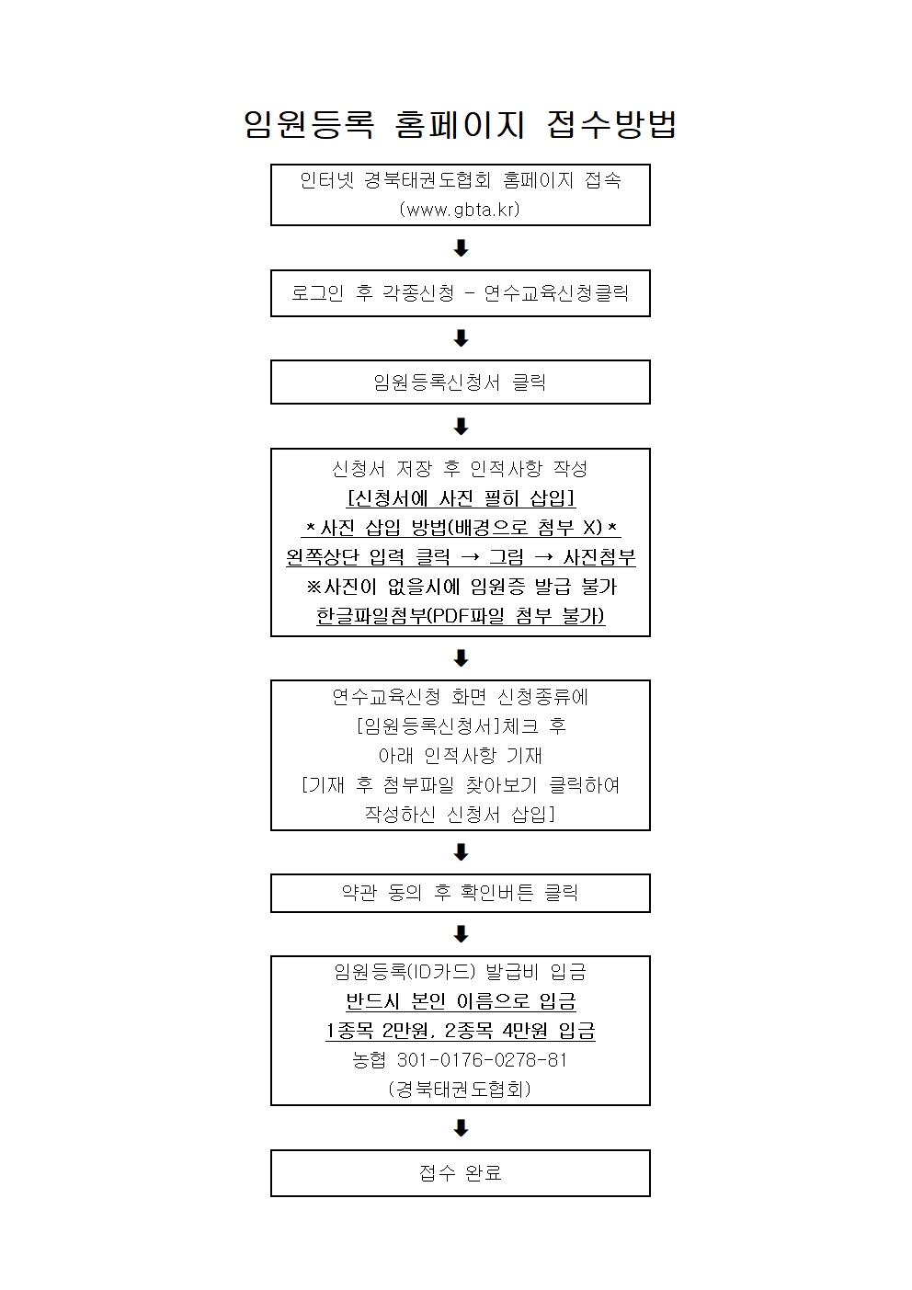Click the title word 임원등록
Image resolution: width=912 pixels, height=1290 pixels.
[309, 124]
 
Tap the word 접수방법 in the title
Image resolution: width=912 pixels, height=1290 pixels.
[611, 124]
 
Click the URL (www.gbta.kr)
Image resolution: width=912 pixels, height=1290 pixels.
[460, 209]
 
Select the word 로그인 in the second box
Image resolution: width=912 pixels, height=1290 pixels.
[317, 293]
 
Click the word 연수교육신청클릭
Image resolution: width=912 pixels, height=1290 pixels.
[556, 293]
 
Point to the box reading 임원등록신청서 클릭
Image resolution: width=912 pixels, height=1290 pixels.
[461, 382]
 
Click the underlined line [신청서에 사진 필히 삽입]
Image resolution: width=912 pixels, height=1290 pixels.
[461, 498]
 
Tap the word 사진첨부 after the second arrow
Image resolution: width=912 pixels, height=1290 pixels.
[599, 557]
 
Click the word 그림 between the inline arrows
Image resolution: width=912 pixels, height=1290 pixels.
[507, 557]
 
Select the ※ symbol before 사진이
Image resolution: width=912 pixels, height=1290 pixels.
[313, 587]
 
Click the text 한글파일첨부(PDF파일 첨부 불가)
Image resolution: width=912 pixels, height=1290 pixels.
[461, 616]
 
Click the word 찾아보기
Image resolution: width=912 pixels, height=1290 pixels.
[501, 785]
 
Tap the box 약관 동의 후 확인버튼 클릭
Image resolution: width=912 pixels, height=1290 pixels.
[461, 893]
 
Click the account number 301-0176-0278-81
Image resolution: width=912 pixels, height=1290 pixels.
[483, 1060]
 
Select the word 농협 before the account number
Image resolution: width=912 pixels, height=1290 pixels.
[369, 1060]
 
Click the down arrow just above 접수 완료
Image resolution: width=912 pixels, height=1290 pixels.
[462, 1127]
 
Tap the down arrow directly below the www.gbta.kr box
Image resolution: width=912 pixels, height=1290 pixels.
[462, 248]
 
